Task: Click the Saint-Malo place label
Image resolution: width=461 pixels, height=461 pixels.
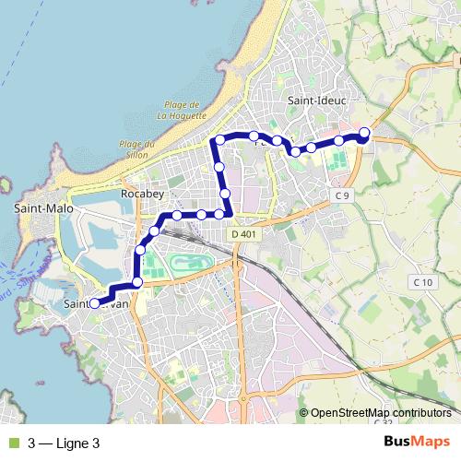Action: coord(37,209)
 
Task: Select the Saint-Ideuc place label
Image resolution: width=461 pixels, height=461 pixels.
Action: coord(316,100)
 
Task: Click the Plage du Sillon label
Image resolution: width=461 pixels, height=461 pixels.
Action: coord(136,149)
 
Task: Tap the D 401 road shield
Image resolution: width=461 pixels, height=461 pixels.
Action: coord(243,235)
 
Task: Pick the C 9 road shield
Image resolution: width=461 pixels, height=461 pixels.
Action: coord(343,195)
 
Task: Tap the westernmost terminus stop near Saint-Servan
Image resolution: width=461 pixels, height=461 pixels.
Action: coord(94,302)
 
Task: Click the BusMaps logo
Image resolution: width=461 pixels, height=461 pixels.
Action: coord(418,443)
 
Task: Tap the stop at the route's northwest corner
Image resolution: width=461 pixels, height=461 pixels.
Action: coord(219,140)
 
